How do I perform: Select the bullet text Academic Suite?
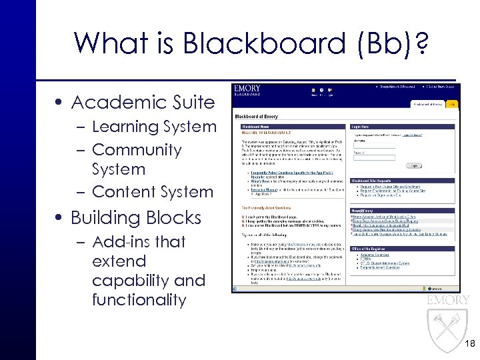click(143, 103)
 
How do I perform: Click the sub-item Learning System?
click(154, 127)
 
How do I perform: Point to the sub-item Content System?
click(153, 192)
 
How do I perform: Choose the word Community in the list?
click(137, 150)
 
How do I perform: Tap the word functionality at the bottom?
click(139, 300)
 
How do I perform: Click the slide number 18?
click(469, 344)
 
